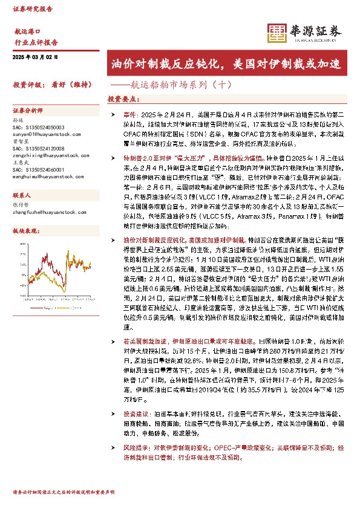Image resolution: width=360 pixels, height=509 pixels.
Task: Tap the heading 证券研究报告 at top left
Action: tap(33, 9)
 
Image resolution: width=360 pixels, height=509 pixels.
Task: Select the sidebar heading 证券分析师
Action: tap(28, 112)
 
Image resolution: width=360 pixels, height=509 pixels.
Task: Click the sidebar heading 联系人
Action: tap(22, 196)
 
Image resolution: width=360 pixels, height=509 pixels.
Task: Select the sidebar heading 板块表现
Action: tap(25, 232)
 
